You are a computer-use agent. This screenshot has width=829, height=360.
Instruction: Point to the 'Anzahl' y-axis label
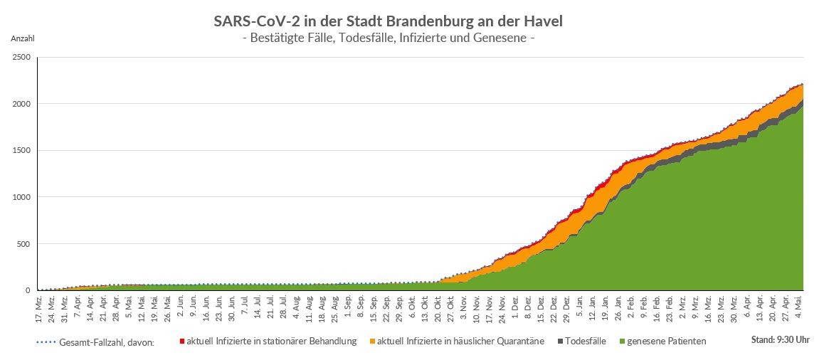pos(22,38)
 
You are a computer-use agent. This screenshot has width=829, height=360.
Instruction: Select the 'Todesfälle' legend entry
pos(584,342)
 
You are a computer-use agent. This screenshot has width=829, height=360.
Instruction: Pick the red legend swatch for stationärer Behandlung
pos(182,342)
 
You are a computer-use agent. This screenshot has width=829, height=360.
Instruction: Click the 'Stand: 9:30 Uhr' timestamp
pos(780,340)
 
